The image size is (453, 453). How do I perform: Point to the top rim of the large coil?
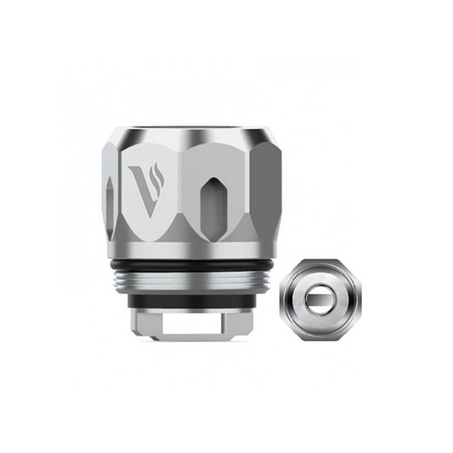click(195, 130)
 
